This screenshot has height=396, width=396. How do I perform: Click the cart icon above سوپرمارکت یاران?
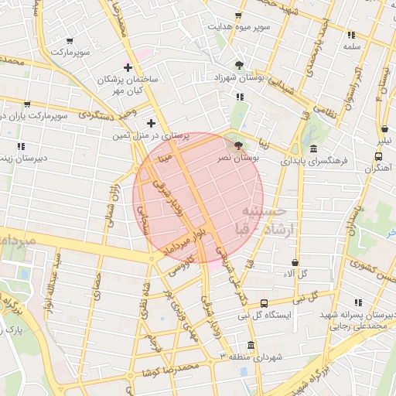(28, 104)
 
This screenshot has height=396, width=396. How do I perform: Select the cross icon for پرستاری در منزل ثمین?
(151, 123)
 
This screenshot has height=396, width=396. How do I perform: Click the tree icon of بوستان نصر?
(237, 144)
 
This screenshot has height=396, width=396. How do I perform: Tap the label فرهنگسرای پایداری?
(314, 163)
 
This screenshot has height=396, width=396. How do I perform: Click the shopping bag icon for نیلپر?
(384, 129)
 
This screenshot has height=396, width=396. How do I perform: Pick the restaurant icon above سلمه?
(351, 35)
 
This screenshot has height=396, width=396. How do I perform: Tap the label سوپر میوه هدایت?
(238, 26)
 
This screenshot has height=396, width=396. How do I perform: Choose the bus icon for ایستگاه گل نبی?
(265, 303)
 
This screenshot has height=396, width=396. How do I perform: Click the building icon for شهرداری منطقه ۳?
(250, 345)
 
